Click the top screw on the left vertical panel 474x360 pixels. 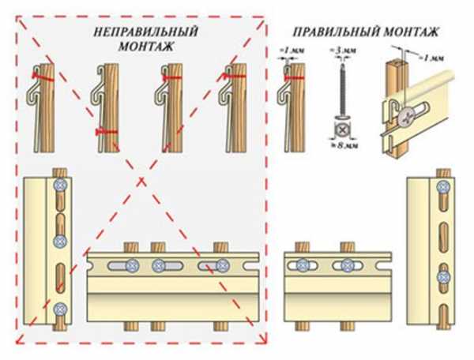coord(61,184)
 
